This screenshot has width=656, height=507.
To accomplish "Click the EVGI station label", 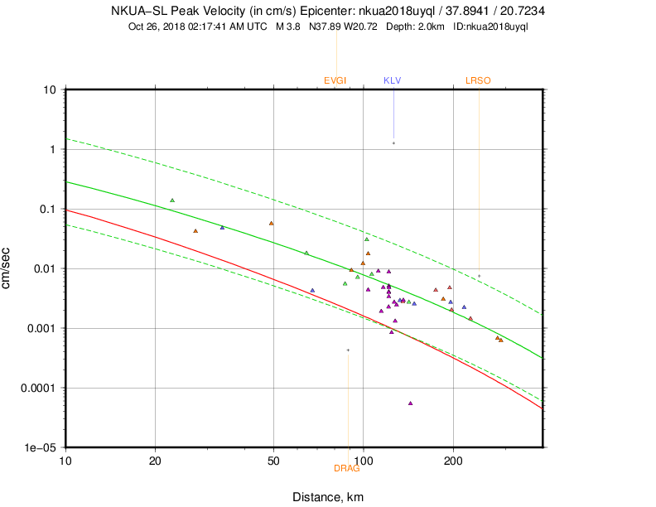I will tap(335, 80).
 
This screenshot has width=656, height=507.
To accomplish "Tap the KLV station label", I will tap(392, 80).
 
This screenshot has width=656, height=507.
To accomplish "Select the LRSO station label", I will tap(478, 80).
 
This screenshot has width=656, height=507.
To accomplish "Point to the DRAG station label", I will tap(346, 469).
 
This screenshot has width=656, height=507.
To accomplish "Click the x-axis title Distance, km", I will tap(328, 497).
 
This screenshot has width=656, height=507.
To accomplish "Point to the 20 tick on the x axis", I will tap(155, 460).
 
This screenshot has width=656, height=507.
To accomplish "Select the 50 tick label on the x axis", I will tap(273, 460).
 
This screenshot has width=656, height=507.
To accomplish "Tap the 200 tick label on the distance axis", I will tap(452, 460).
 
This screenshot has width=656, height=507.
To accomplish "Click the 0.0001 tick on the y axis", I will tap(40, 388).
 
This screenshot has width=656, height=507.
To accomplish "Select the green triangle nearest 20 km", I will tap(172, 200).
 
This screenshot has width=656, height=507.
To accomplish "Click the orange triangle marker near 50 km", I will tap(272, 224).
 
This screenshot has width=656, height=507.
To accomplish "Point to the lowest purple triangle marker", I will tap(411, 403).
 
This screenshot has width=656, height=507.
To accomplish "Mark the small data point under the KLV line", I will tap(393, 143).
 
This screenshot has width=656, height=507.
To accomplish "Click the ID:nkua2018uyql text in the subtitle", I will tap(491, 27).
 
